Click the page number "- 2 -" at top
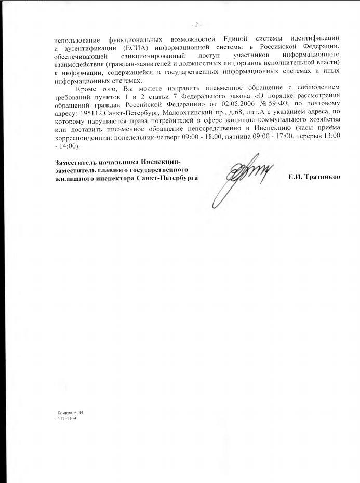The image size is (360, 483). tap(196, 24)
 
